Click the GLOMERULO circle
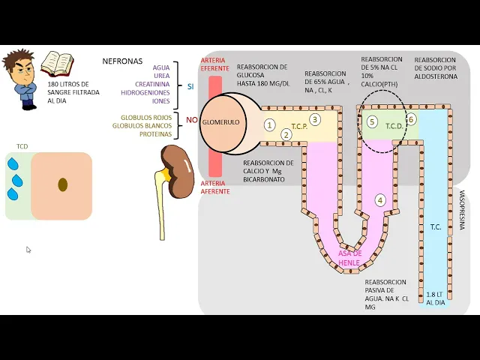220,121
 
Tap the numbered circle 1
270,125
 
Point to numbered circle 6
411,119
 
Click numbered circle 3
315,118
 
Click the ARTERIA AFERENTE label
214,187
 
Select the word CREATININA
153,84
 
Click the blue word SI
190,86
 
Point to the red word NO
191,120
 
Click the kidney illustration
178,170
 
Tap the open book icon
57,64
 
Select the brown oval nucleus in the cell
62,184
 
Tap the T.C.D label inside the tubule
394,126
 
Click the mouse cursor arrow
28,250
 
